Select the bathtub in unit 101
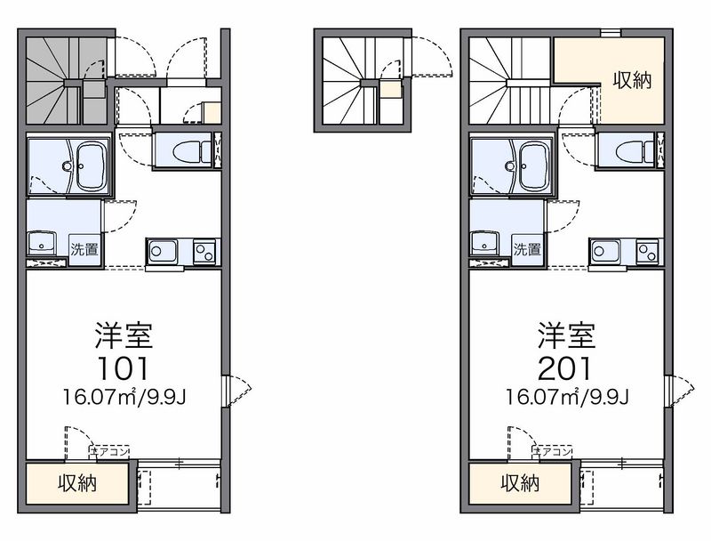point(92,166)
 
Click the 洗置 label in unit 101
point(84,249)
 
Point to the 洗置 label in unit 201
point(527,249)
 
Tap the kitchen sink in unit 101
point(163,251)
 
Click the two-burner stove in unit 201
point(647,251)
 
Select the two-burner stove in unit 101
point(204,251)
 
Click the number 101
point(123,368)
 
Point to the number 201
point(565,368)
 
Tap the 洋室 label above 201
point(566,335)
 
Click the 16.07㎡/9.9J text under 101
point(124,397)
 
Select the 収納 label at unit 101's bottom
point(77,483)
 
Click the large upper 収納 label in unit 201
point(633,80)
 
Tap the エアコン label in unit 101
point(110,452)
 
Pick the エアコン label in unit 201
point(553,452)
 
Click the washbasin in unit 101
point(42,243)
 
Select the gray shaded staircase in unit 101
point(66,80)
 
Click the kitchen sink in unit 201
point(605,251)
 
